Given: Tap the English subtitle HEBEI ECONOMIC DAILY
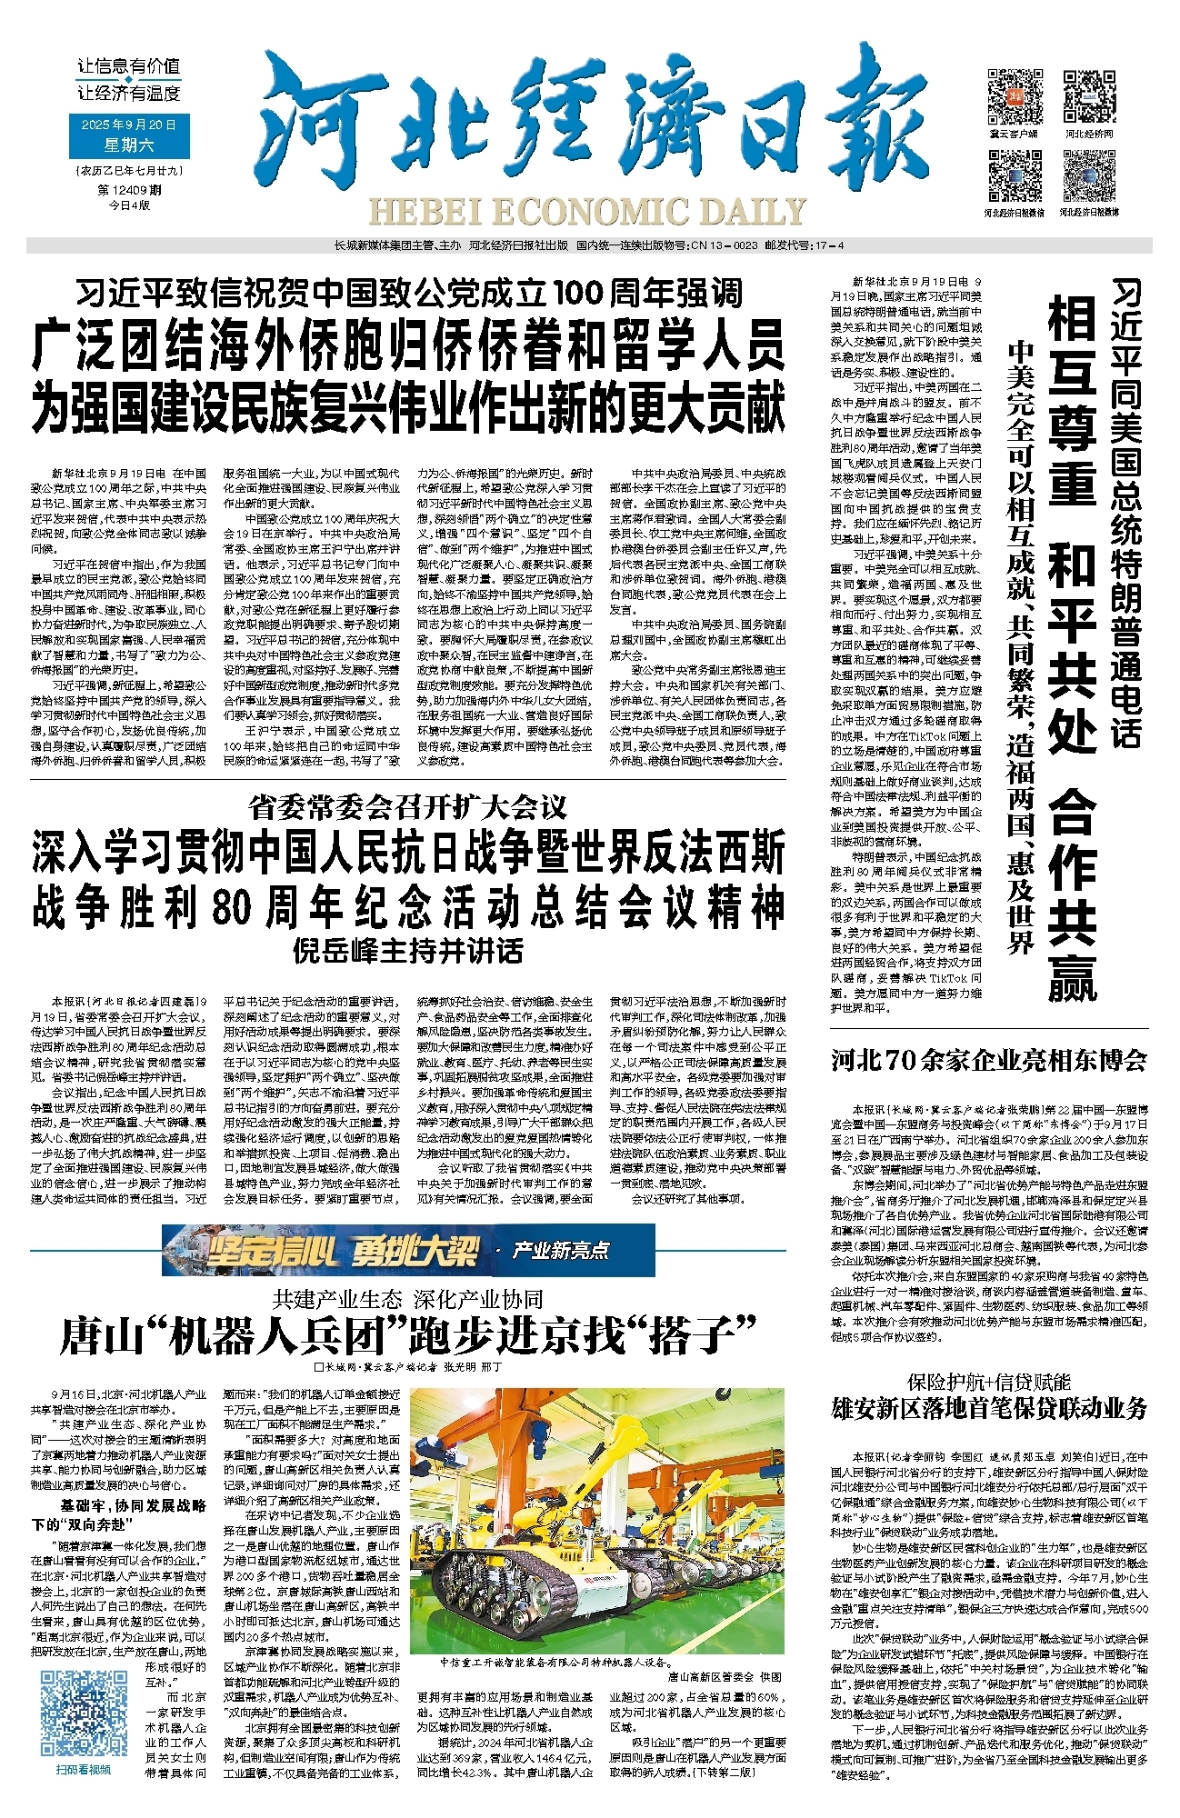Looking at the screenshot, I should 587,212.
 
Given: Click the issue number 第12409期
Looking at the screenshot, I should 129,191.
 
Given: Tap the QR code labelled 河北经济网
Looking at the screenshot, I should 1088,95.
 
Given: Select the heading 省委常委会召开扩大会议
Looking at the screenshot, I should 408,805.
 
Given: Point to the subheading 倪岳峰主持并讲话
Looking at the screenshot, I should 408,951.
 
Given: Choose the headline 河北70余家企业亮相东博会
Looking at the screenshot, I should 988,1060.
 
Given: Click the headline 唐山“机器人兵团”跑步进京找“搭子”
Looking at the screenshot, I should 408,1334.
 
